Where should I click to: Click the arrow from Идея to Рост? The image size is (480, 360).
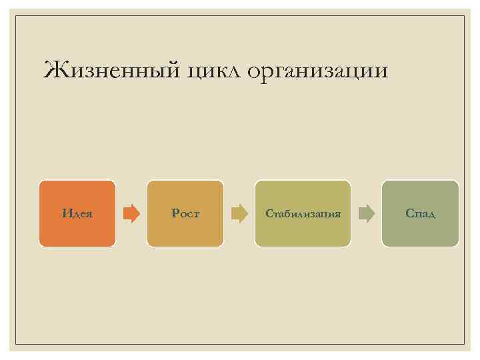[131, 213]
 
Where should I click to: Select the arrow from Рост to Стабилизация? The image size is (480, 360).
[239, 213]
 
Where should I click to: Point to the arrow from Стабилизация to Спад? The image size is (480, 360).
[367, 213]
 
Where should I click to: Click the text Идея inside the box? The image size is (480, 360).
[77, 214]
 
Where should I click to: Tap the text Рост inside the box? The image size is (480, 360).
[185, 214]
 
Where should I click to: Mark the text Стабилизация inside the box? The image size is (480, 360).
[303, 214]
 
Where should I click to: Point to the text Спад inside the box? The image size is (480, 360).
[420, 214]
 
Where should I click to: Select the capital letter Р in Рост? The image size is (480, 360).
[175, 214]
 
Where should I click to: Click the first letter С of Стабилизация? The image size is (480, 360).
[269, 214]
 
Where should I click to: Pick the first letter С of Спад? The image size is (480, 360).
[409, 214]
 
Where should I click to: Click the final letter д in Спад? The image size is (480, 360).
[431, 215]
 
